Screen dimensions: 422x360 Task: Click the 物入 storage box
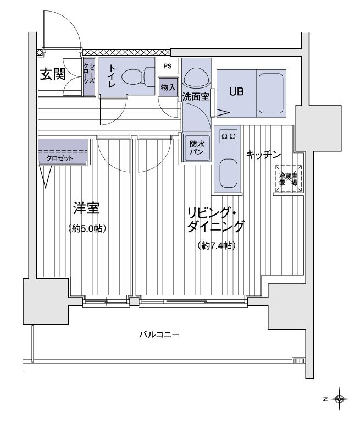(168, 86)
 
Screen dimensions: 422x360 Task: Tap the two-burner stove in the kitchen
(228, 135)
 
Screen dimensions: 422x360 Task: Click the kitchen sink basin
(228, 173)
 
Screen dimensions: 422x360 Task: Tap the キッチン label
(263, 155)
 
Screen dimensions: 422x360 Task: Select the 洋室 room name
(86, 209)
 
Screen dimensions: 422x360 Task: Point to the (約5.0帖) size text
(87, 228)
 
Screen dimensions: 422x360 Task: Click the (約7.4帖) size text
(216, 246)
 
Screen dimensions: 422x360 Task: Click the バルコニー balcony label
(159, 335)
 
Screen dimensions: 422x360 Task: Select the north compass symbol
(340, 397)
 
